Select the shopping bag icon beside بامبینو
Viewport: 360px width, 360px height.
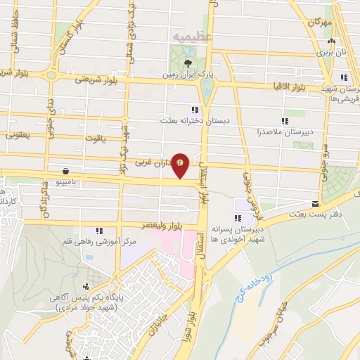pyautogui.click(x=65, y=171)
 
